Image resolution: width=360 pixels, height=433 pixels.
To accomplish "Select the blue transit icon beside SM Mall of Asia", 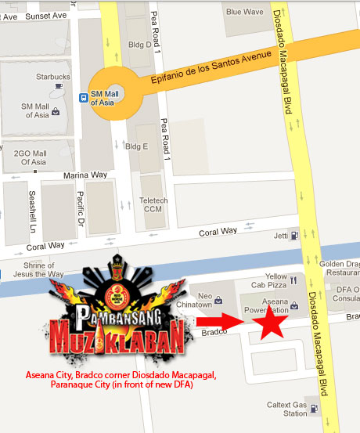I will [x=83, y=98].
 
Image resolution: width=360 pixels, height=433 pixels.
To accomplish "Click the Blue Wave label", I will [x=245, y=12].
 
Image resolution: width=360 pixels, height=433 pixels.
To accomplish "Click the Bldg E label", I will [x=137, y=146].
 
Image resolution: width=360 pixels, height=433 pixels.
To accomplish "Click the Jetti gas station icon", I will [x=294, y=234].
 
